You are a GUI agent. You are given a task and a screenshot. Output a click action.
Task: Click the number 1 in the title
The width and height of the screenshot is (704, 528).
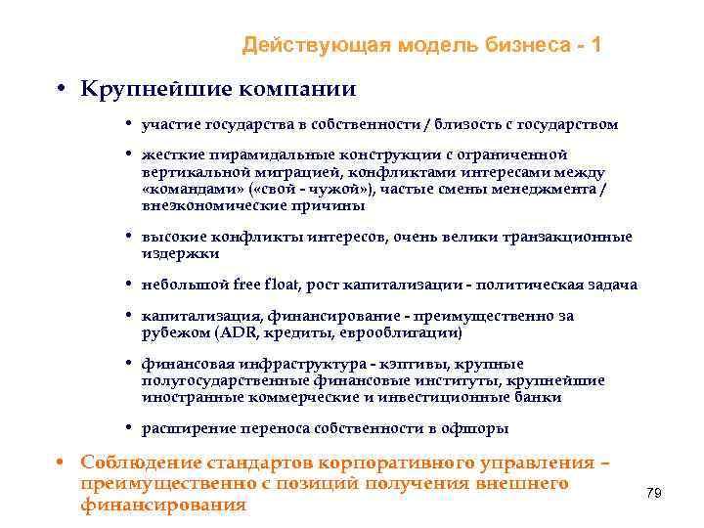[596, 45]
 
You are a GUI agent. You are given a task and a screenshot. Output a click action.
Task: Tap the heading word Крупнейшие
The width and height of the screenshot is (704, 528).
[148, 89]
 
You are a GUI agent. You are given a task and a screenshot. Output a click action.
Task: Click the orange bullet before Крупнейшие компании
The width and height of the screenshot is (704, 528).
[61, 89]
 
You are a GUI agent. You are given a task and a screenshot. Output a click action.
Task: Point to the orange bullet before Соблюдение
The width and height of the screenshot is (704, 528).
[61, 462]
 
